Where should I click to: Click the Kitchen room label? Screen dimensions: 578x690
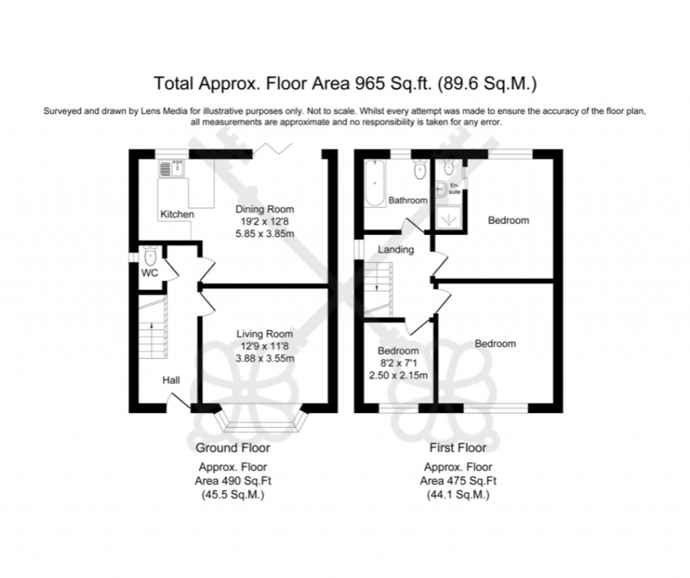[177, 214]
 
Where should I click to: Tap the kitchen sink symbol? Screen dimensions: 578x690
[172, 168]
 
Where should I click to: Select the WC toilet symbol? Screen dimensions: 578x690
[150, 256]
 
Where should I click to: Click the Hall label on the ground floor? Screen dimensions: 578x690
[170, 381]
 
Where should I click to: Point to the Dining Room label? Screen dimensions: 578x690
[265, 210]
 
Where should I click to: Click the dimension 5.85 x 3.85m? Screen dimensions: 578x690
[265, 234]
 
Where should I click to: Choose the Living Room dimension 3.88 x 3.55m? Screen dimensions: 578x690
[265, 358]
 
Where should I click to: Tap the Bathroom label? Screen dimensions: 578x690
[408, 200]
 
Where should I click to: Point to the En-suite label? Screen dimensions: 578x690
[454, 188]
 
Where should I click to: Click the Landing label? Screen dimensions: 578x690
[396, 249]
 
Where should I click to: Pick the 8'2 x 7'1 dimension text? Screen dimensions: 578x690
[398, 363]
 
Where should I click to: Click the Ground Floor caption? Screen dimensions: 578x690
[232, 447]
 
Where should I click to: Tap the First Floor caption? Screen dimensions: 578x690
[458, 447]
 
